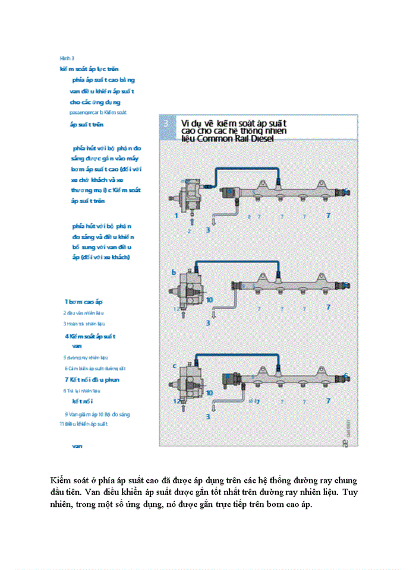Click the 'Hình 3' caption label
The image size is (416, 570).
[67, 58]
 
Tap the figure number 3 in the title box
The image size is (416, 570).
[166, 123]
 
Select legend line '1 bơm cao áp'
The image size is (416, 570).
[84, 302]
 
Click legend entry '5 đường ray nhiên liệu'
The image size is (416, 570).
[86, 357]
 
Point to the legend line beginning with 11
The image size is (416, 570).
[84, 424]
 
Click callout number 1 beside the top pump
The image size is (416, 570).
[177, 216]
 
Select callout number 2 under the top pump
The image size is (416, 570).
[190, 231]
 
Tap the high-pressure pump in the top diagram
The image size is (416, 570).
[190, 196]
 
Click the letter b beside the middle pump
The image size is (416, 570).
[174, 272]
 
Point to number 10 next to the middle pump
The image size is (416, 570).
[209, 300]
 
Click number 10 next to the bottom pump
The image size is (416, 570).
[209, 393]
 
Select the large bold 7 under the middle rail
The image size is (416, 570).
[327, 308]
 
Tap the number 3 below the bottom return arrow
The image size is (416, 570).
[207, 417]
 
